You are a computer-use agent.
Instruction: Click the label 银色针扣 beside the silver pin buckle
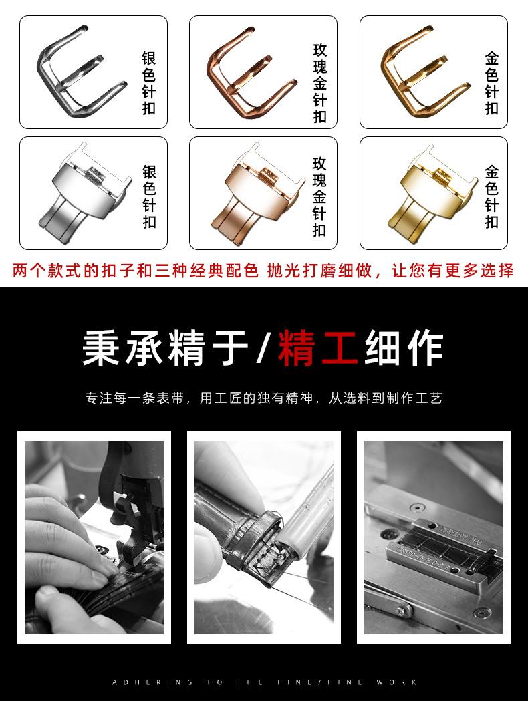(149, 83)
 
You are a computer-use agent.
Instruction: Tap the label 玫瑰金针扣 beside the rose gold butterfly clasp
(319, 196)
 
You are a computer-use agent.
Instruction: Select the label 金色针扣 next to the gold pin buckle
(492, 83)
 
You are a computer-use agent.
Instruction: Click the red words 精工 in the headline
(317, 347)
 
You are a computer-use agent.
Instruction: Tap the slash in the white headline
(263, 347)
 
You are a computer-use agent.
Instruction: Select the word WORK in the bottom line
(396, 682)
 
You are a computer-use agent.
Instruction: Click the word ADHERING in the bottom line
(152, 682)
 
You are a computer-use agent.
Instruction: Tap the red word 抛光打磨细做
(319, 271)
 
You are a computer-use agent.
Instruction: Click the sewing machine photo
(94, 537)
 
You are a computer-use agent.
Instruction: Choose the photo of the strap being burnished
(264, 537)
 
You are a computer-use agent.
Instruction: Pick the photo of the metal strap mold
(434, 537)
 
